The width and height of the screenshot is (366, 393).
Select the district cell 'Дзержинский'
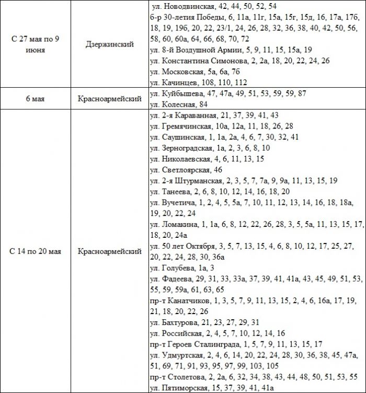click(x=110, y=44)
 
